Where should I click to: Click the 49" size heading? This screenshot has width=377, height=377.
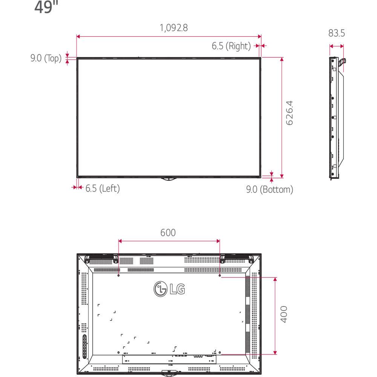[x=46, y=7]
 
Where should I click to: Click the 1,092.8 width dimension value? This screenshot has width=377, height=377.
[x=173, y=28]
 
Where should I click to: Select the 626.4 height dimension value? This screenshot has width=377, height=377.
[x=290, y=113]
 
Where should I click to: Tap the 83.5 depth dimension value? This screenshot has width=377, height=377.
[x=336, y=33]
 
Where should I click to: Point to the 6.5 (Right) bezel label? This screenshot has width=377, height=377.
[x=231, y=46]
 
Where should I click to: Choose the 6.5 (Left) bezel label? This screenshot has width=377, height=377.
[x=103, y=188]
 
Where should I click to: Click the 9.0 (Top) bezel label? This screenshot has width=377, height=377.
[x=46, y=58]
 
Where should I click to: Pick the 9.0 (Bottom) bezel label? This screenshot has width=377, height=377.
[x=270, y=190]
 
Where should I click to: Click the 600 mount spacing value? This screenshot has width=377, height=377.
[x=168, y=233]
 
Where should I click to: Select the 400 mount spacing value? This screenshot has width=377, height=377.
[x=284, y=314]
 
